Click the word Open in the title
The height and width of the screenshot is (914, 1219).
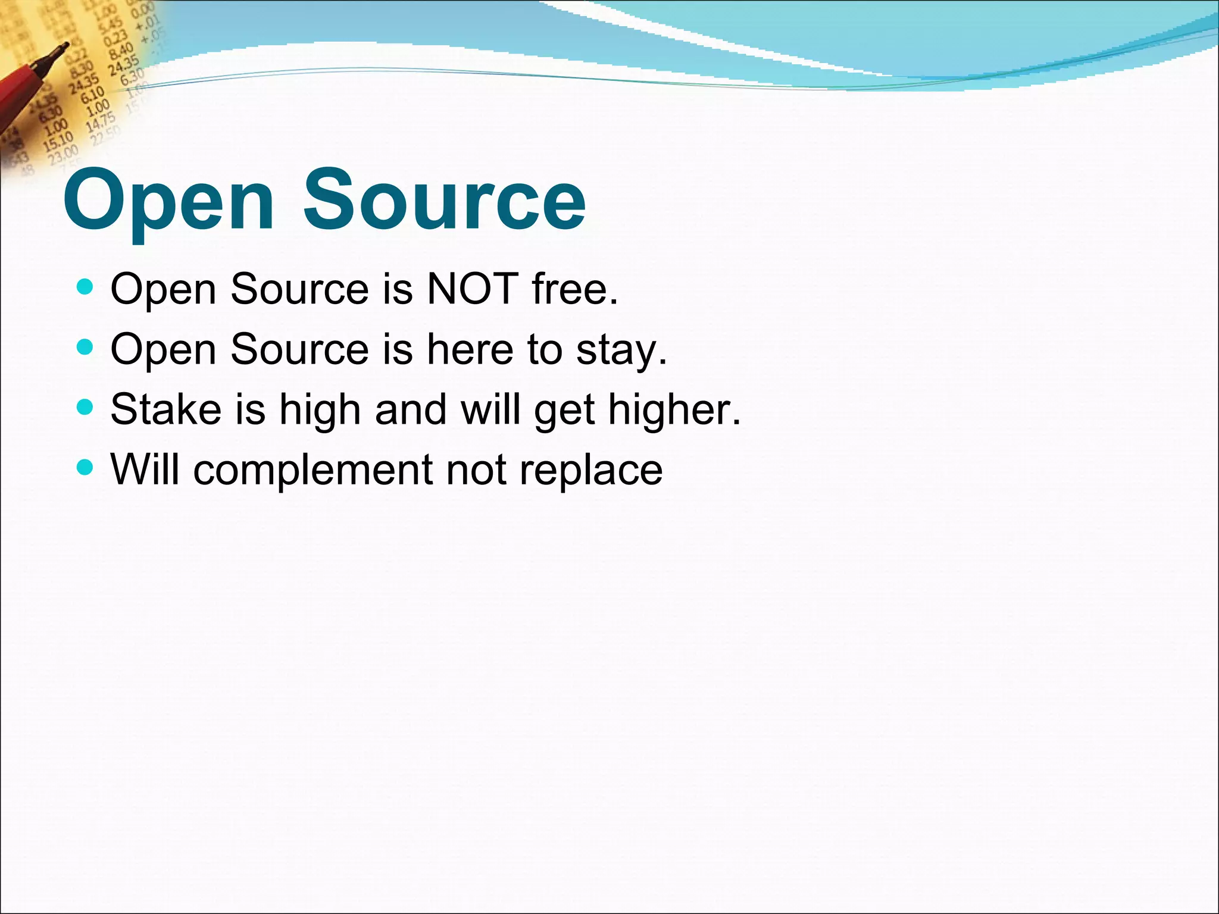(x=168, y=202)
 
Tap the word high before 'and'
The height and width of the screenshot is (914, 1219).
(x=320, y=411)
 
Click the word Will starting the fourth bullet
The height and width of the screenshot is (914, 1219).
(x=145, y=469)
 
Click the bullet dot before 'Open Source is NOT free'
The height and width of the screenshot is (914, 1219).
(x=86, y=287)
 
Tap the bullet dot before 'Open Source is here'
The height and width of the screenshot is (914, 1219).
(x=86, y=347)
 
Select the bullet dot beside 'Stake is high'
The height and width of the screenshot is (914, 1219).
(x=86, y=407)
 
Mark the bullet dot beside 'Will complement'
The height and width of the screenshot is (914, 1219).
(x=86, y=467)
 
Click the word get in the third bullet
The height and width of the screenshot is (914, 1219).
(x=564, y=412)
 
